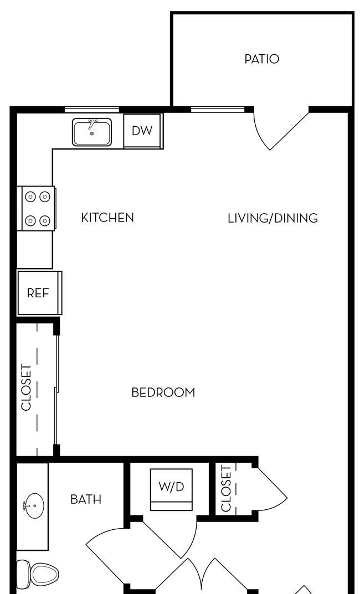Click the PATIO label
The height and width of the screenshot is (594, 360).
[x=261, y=59]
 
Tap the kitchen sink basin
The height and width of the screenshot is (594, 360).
[x=92, y=132]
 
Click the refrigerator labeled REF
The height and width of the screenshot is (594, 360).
[x=39, y=293]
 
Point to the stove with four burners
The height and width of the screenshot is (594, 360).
[x=38, y=208]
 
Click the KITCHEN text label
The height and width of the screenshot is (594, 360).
[x=107, y=218]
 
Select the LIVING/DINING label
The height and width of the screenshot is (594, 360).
[x=273, y=218]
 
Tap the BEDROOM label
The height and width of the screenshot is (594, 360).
[x=163, y=392]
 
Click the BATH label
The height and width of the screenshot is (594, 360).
[x=86, y=499]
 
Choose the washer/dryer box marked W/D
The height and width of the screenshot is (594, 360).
[x=171, y=489]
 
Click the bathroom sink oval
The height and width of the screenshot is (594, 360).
[x=34, y=505]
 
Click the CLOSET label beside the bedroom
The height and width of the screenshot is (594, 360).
[x=26, y=387]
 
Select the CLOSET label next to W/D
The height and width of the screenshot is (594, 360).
[x=226, y=489]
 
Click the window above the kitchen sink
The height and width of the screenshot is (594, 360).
[x=92, y=110]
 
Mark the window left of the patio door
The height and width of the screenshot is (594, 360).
[x=218, y=110]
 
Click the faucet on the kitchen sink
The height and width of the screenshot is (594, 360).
[x=91, y=124]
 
